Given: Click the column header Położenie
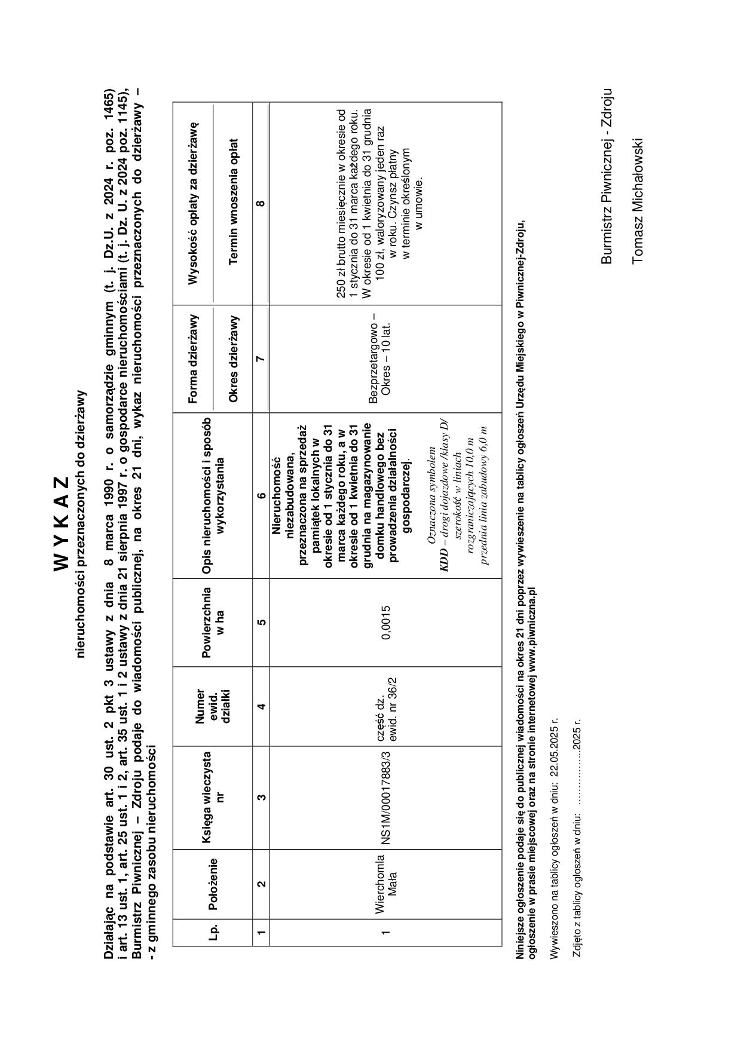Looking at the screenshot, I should coord(213,884).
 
